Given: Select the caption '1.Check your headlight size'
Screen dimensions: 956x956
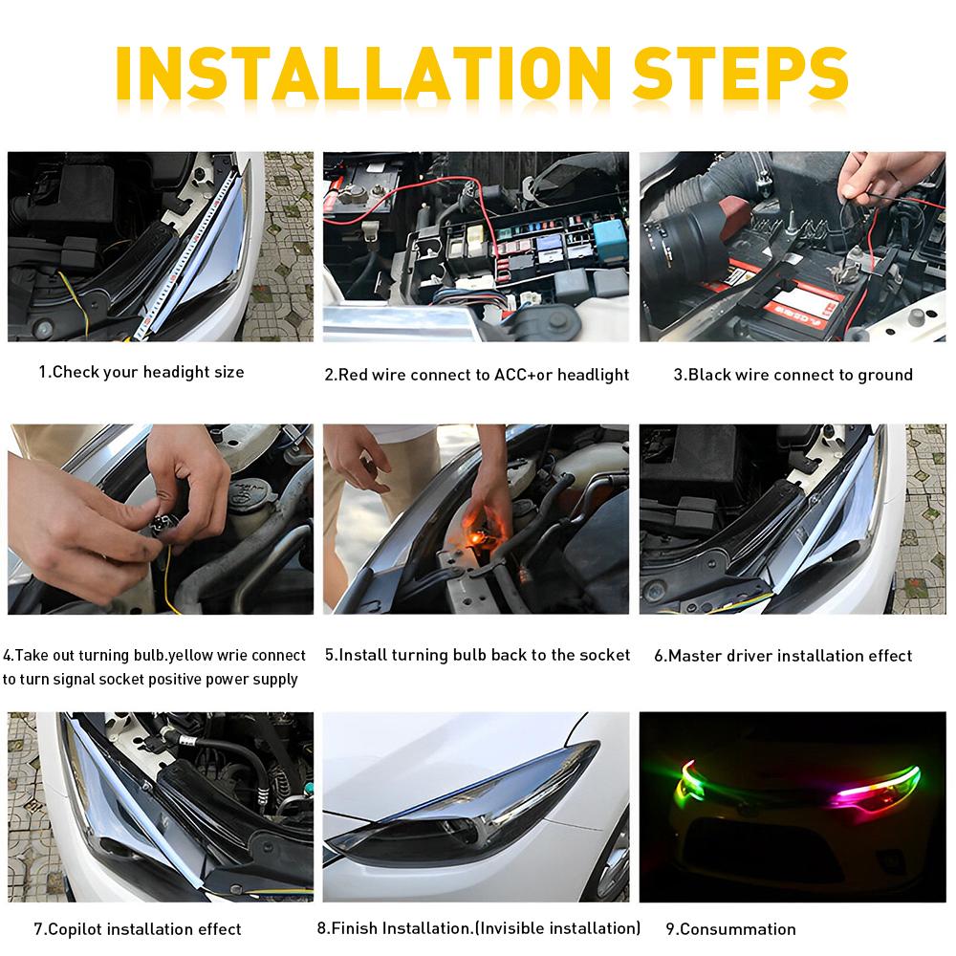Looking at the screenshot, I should (x=141, y=372).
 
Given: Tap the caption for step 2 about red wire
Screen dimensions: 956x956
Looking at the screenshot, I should (x=476, y=375).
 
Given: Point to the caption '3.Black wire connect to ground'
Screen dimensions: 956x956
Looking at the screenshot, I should (x=793, y=375).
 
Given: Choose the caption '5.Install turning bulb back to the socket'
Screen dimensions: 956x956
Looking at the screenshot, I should (x=477, y=655).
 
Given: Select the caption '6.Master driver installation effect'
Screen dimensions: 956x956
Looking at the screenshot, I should (x=783, y=656).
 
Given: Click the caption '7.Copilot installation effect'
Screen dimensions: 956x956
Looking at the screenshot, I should (x=138, y=928).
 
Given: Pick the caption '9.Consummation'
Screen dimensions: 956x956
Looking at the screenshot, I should (x=730, y=928).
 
